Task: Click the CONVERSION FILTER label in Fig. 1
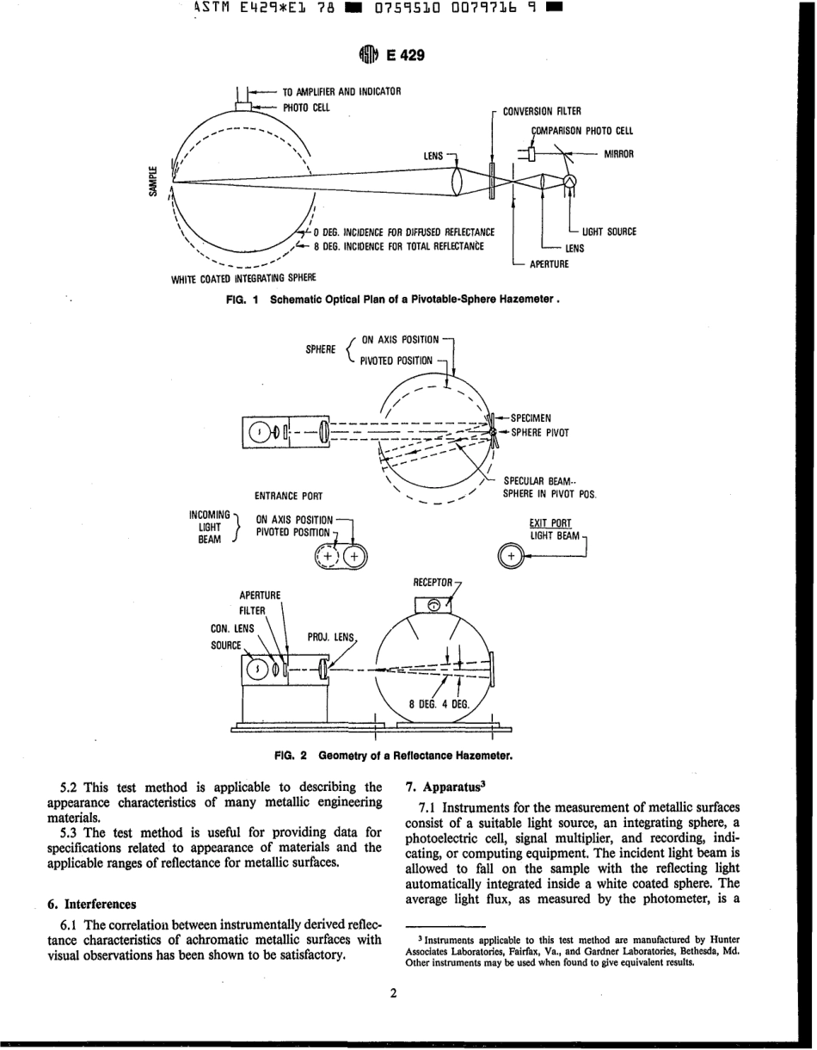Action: coord(542,111)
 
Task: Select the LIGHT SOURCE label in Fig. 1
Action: coord(609,232)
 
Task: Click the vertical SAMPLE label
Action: coord(153,182)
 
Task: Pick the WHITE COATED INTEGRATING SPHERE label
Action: coord(244,277)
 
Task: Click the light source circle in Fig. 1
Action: coord(568,181)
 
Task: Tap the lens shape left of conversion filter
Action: coord(458,182)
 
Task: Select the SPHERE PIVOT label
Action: coord(540,433)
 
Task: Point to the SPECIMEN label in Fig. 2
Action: coord(536,419)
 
